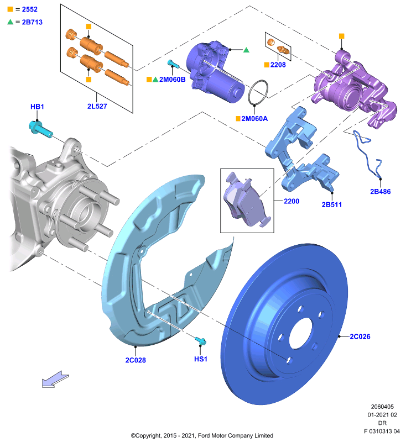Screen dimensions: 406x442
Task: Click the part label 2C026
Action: (x=360, y=336)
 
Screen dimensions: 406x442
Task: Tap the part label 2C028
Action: (x=136, y=360)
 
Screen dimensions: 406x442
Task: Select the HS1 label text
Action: (x=201, y=359)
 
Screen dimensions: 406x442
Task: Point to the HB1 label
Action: (x=37, y=107)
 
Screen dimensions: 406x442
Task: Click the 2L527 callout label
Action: (x=97, y=106)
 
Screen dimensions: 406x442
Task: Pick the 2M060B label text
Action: (x=173, y=80)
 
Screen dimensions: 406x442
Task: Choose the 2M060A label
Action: (x=254, y=119)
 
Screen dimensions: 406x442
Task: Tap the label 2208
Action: (x=278, y=65)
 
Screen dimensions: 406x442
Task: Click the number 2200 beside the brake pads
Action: (x=292, y=201)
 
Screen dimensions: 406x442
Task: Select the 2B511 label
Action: (x=332, y=204)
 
